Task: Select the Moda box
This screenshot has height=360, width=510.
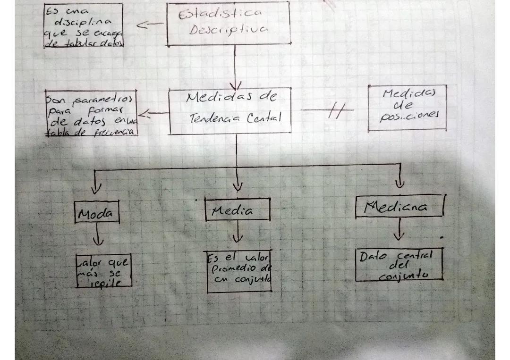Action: pyautogui.click(x=96, y=214)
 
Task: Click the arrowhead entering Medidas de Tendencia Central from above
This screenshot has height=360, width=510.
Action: pyautogui.click(x=235, y=85)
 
